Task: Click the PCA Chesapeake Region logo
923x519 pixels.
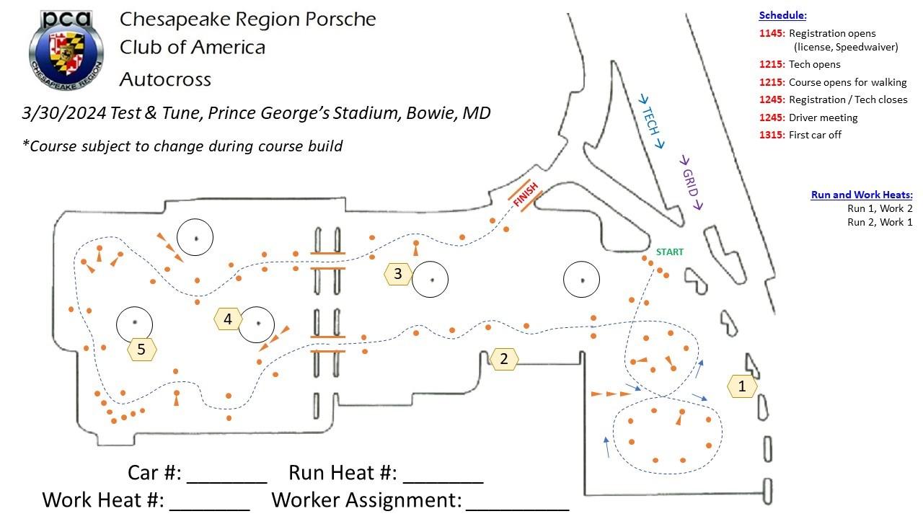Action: click(66, 50)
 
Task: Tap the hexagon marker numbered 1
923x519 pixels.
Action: click(742, 386)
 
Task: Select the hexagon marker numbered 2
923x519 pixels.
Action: click(503, 359)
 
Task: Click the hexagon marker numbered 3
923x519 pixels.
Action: click(398, 274)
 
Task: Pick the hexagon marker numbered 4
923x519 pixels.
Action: click(228, 319)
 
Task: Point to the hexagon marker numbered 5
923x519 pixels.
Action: click(142, 350)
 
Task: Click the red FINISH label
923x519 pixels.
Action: click(526, 195)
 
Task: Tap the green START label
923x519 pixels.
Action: click(670, 252)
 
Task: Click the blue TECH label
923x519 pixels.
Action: click(650, 120)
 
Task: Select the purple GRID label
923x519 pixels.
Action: click(691, 183)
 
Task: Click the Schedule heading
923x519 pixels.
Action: click(782, 16)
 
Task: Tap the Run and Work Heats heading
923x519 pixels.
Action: click(862, 195)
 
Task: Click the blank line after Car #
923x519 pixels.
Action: click(227, 482)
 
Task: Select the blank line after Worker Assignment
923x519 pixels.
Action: click(518, 510)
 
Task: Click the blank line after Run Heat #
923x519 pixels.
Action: click(443, 482)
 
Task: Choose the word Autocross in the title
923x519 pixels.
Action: click(165, 79)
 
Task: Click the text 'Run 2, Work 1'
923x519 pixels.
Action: click(880, 223)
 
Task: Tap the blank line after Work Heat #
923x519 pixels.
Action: click(210, 510)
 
